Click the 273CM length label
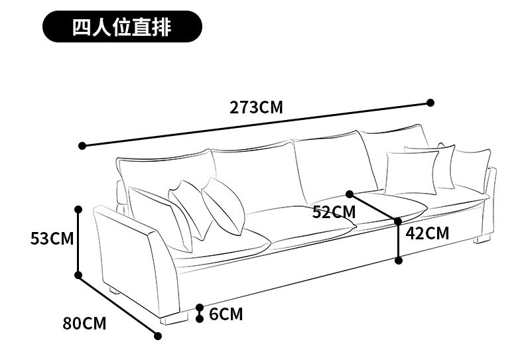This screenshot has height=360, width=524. point(256,107)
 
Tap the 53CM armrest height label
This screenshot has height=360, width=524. point(52,238)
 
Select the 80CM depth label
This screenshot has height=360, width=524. point(84,324)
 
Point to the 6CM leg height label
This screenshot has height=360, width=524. point(226,314)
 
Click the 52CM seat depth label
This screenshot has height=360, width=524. point(334,212)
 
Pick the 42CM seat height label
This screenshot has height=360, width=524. point(427,233)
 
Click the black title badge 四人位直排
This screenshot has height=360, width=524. point(121,28)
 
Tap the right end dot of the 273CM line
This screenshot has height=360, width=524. point(430,103)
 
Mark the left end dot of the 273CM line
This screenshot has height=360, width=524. point(82,146)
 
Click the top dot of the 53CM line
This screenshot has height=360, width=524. point(78,209)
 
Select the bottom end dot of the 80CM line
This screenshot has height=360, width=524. point(158,336)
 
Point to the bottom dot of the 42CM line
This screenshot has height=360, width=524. point(399,261)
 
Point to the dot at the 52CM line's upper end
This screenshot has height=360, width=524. point(350,194)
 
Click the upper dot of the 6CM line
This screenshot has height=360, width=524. point(200,308)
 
